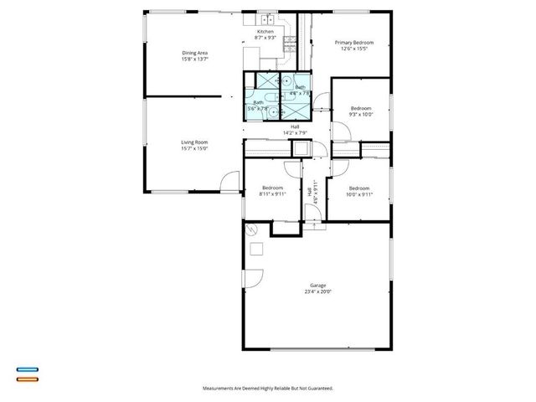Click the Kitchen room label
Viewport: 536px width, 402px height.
(265, 32)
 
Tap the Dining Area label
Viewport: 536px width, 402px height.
(194, 53)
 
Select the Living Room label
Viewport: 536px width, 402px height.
(194, 142)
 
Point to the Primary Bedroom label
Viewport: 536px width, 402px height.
(354, 42)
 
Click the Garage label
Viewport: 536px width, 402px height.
(317, 286)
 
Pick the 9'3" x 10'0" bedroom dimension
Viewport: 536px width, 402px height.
(361, 115)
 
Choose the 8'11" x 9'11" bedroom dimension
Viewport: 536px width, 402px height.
(273, 193)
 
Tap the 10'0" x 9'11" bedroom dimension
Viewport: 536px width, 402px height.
(359, 193)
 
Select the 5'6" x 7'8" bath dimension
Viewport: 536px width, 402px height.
(257, 108)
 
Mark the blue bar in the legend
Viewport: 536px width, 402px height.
(28, 369)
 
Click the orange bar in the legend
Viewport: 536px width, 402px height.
(28, 379)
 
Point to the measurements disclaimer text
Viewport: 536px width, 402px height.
(268, 389)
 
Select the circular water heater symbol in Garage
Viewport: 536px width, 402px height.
(250, 229)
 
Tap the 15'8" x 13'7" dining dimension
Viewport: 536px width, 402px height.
(194, 59)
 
